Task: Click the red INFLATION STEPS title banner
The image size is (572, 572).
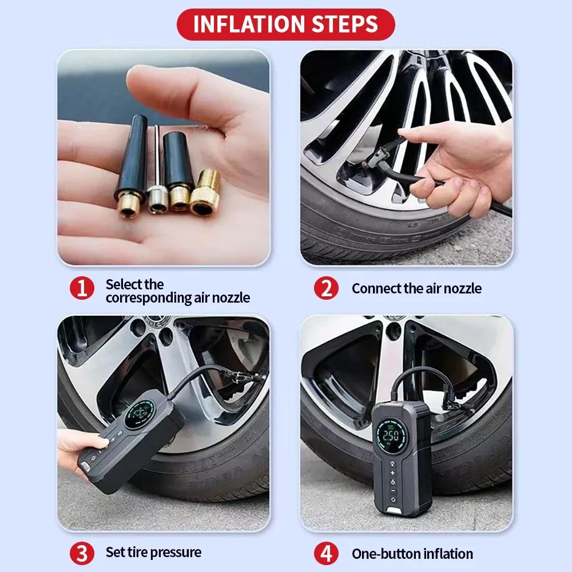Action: pos(285,25)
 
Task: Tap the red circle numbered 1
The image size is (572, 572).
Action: pos(82,288)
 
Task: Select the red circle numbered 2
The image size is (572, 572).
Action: pos(326,288)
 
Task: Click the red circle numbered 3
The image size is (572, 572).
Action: pos(82,553)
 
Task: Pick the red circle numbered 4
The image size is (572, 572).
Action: pos(326,553)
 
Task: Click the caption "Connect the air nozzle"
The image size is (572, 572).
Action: pos(416,288)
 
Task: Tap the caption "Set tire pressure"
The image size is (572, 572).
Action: pos(153,553)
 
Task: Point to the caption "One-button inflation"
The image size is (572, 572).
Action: pos(412,554)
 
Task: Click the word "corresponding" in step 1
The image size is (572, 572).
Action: pos(149,298)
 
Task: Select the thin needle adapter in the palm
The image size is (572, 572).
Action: pos(157,172)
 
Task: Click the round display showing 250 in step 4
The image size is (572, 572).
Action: pos(391,435)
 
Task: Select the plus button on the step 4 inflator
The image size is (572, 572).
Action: pos(392,473)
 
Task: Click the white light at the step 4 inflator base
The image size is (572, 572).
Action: pos(393,510)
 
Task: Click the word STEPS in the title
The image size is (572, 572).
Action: pos(345,25)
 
